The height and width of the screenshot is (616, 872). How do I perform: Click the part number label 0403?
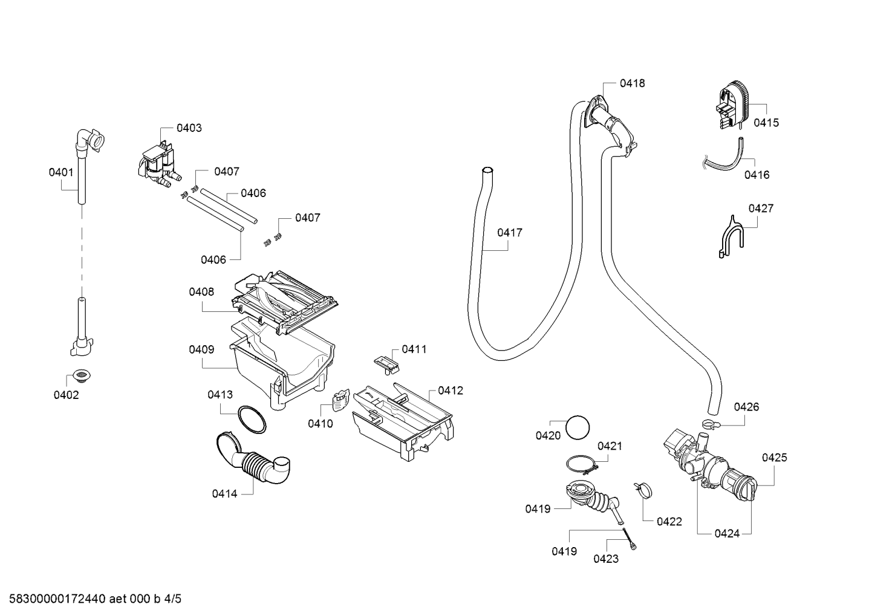189,128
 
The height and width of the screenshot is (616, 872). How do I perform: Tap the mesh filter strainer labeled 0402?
82,375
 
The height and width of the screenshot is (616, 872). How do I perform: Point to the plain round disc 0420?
578,427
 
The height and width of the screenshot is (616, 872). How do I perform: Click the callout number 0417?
510,233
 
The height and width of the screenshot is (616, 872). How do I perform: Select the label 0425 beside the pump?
774,458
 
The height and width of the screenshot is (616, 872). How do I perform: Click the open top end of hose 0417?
487,170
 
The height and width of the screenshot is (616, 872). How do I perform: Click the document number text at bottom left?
95,599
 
